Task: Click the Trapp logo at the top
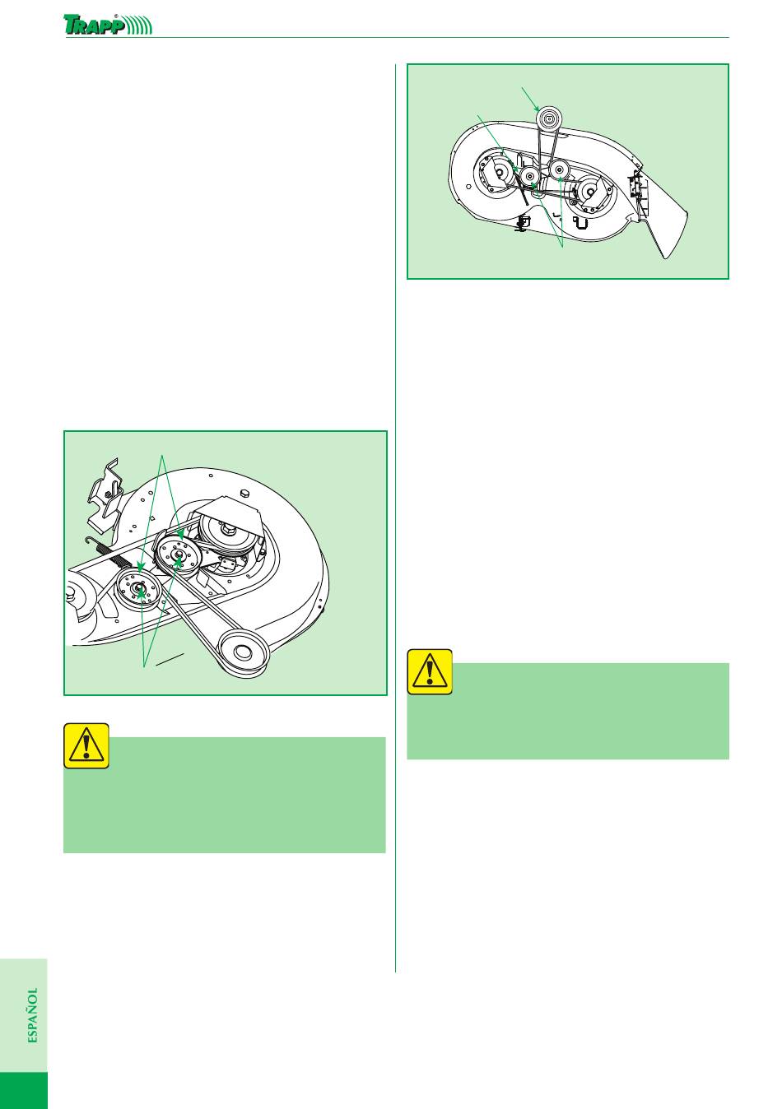click(x=108, y=24)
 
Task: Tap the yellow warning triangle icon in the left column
click(x=86, y=745)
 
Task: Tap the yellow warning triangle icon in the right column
click(x=430, y=672)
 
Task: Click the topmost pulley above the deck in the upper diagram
click(x=548, y=118)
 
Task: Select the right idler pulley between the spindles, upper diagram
click(x=559, y=170)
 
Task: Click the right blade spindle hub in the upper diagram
click(x=590, y=189)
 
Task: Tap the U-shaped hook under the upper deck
click(x=581, y=223)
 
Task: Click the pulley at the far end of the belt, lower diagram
click(x=244, y=652)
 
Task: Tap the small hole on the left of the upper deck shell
click(x=467, y=187)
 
